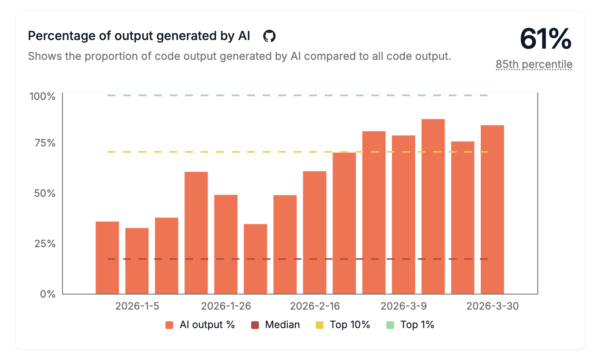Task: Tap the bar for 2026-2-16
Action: click(314, 233)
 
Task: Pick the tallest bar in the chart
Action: click(433, 206)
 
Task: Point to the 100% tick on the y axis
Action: click(43, 96)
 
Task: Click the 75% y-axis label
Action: click(45, 143)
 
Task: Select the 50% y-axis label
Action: click(45, 193)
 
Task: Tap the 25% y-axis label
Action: click(45, 244)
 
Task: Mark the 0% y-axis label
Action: click(47, 294)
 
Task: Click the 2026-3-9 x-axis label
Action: click(404, 307)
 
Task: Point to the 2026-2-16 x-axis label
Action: click(315, 307)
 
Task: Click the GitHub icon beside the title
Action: click(269, 36)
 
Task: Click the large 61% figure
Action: click(546, 39)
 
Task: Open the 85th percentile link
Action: click(534, 65)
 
